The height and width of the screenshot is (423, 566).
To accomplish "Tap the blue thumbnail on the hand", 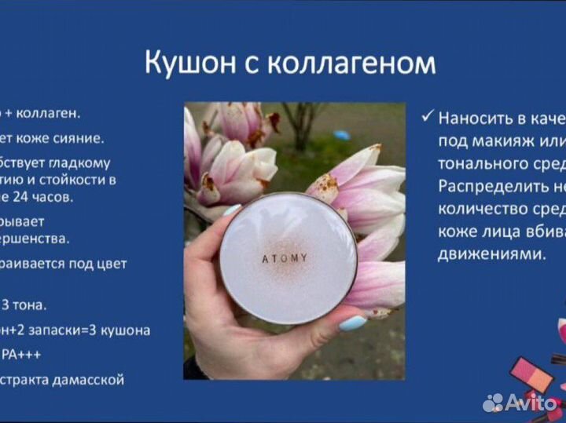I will click(x=352, y=323).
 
